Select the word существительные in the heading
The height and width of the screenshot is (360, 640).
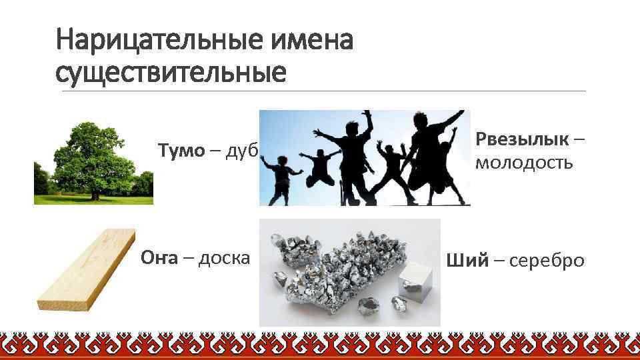click(x=171, y=73)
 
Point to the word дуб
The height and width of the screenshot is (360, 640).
click(x=242, y=151)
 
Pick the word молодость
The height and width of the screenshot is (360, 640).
click(x=524, y=163)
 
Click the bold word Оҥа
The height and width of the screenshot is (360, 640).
click(x=159, y=257)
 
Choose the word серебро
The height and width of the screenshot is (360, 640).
click(x=547, y=260)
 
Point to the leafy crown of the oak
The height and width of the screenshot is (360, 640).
click(x=93, y=150)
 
